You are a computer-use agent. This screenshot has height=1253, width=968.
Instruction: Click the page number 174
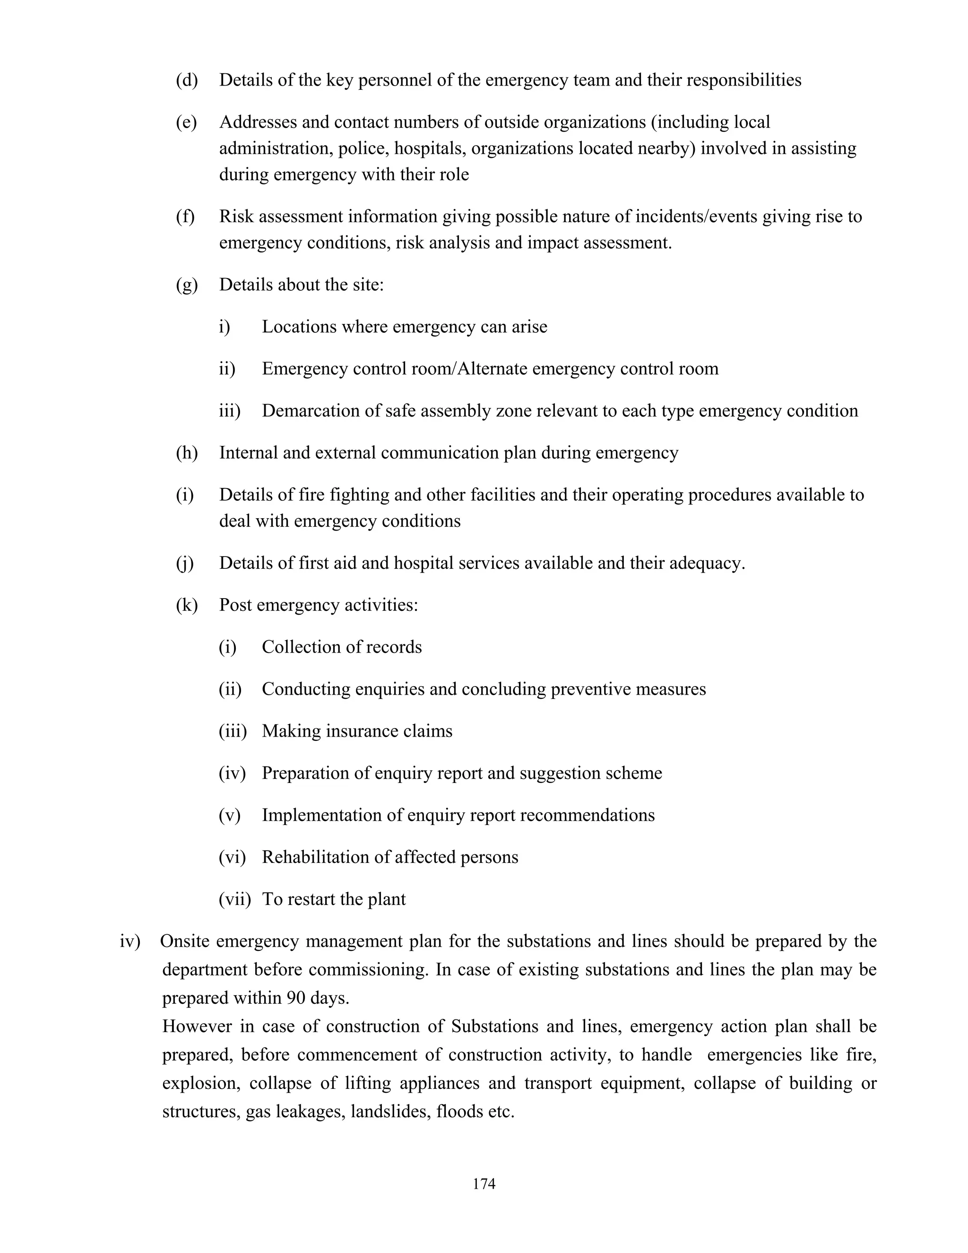pos(484,1183)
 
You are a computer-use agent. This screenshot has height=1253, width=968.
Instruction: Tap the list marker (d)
pos(186,80)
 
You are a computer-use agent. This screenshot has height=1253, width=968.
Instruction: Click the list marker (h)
pos(186,452)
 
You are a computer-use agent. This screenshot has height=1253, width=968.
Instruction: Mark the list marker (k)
pos(186,605)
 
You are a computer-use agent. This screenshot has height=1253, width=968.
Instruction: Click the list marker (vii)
pos(234,899)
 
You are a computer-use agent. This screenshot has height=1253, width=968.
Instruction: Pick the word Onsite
pos(185,941)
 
